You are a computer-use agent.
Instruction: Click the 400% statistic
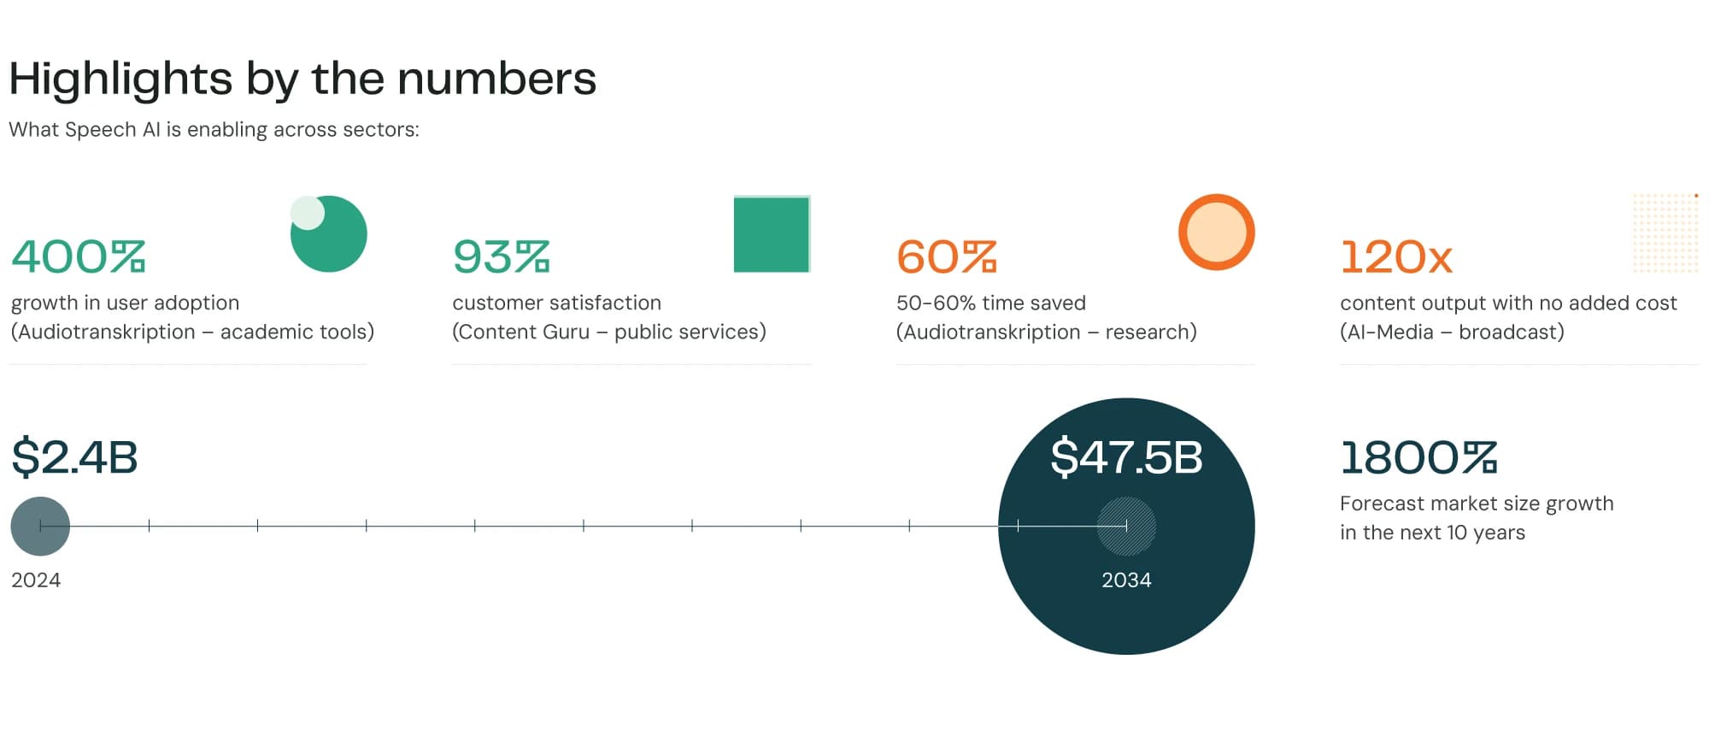coord(79,256)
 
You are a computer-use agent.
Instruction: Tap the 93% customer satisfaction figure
coord(502,256)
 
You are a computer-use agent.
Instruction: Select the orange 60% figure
coord(947,256)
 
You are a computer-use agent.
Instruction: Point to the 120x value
coord(1396,256)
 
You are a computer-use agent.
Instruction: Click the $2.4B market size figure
coord(74,456)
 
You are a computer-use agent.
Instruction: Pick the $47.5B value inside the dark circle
coord(1126,456)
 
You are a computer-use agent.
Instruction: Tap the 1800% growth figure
coord(1418,457)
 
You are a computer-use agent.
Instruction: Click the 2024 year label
coord(36,580)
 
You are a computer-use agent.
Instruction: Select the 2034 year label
coord(1126,580)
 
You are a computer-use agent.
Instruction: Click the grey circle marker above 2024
coord(40,526)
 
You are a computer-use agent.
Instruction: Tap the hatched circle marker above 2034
coord(1126,526)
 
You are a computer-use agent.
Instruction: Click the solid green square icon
coord(772,234)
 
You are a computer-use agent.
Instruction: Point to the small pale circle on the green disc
coord(308,213)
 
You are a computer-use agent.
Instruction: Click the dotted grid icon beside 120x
coord(1665,233)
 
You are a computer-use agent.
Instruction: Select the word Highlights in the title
coord(120,79)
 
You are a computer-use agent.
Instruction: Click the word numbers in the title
coord(496,79)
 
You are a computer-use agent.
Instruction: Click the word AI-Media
coord(1390,333)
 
